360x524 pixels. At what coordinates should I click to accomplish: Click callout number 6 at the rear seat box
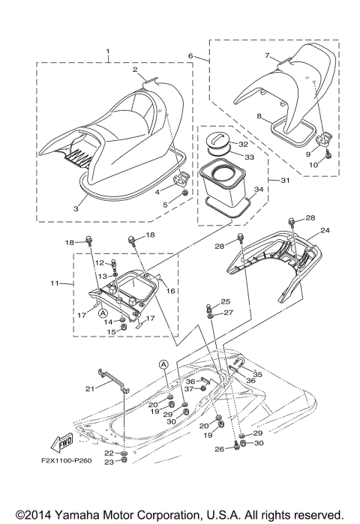tap(191, 56)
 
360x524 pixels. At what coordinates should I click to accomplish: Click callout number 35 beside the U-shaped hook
tap(258, 373)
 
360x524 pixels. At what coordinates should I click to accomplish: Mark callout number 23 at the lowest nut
tap(108, 483)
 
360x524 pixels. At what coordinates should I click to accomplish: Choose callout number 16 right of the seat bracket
tap(171, 290)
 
